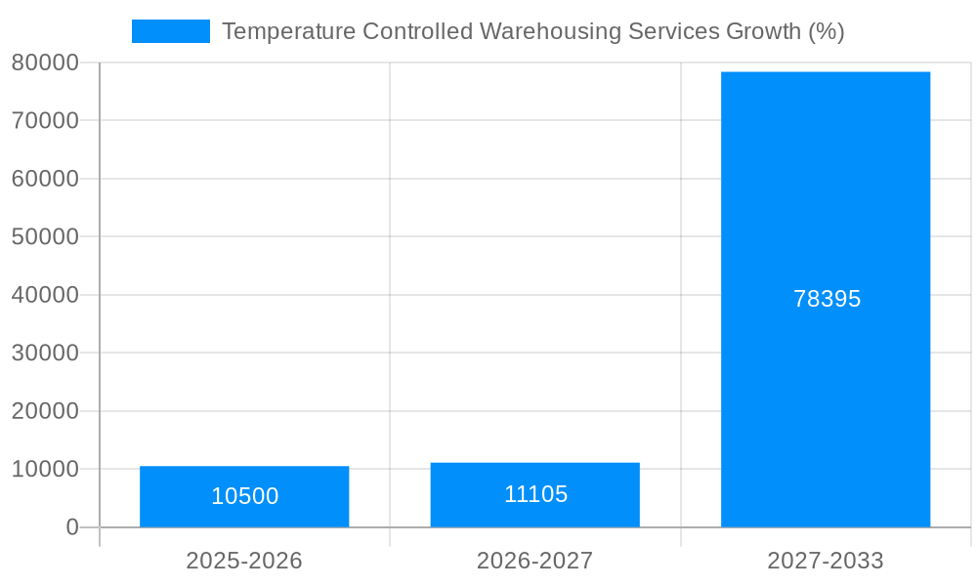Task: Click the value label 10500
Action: [244, 496]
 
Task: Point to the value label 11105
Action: [535, 494]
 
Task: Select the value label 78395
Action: [827, 299]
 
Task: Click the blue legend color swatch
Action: [170, 31]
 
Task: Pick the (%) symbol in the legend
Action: [826, 31]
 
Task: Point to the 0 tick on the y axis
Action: [71, 527]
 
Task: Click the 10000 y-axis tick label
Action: [45, 469]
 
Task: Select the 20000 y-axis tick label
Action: [45, 411]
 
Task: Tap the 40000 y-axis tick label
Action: [45, 295]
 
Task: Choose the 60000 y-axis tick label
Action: [45, 179]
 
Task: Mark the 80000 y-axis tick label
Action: [45, 63]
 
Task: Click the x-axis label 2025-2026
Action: [244, 561]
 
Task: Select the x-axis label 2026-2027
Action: [534, 561]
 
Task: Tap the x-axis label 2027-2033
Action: [826, 561]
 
